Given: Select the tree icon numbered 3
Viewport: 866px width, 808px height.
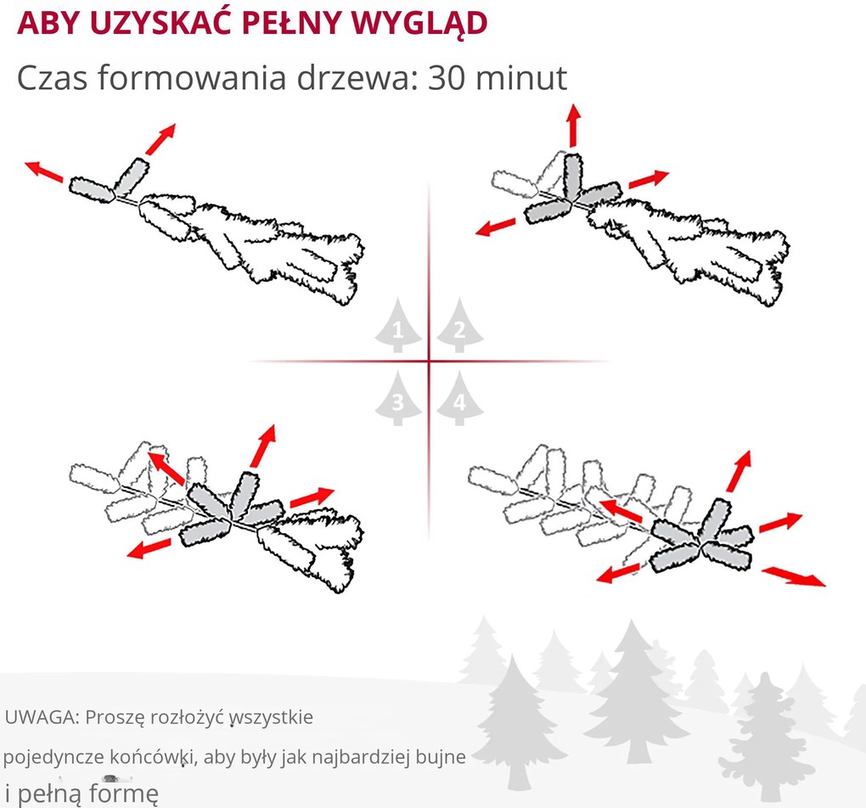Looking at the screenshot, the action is (x=398, y=398).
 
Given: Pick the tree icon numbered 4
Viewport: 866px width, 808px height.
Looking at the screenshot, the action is (x=459, y=398).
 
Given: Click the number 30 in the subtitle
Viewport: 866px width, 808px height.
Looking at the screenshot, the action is (x=444, y=78).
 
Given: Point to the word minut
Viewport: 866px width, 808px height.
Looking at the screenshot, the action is (x=520, y=78).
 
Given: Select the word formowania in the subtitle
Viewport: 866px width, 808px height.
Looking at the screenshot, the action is (x=192, y=78).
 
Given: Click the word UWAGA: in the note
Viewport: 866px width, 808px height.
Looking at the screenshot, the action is (x=42, y=717).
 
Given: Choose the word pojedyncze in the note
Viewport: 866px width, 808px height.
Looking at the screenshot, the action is (x=53, y=757).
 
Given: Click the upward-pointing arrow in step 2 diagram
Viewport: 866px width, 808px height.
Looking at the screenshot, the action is (x=574, y=125).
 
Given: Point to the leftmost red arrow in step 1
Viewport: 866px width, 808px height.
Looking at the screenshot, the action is (x=44, y=171).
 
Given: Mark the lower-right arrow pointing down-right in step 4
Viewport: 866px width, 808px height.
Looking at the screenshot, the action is (x=794, y=576).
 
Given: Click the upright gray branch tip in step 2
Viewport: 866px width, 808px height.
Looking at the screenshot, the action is (x=573, y=176).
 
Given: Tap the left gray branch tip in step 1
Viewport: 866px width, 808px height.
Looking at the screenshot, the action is (x=92, y=189).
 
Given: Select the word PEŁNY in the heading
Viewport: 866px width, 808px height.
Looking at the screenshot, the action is (x=291, y=22).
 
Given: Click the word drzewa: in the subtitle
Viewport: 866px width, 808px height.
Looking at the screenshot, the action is (x=357, y=78).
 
